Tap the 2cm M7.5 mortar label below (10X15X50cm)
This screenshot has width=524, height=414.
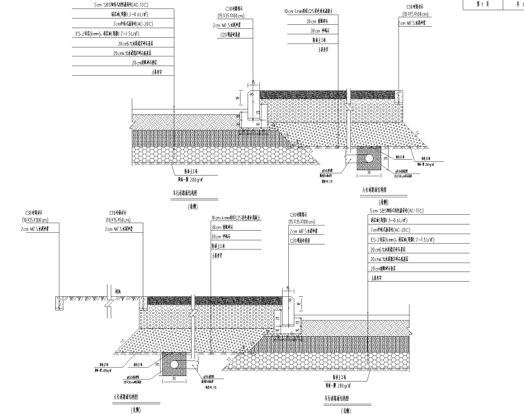click(123, 228)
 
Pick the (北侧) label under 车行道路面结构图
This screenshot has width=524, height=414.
click(345, 410)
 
